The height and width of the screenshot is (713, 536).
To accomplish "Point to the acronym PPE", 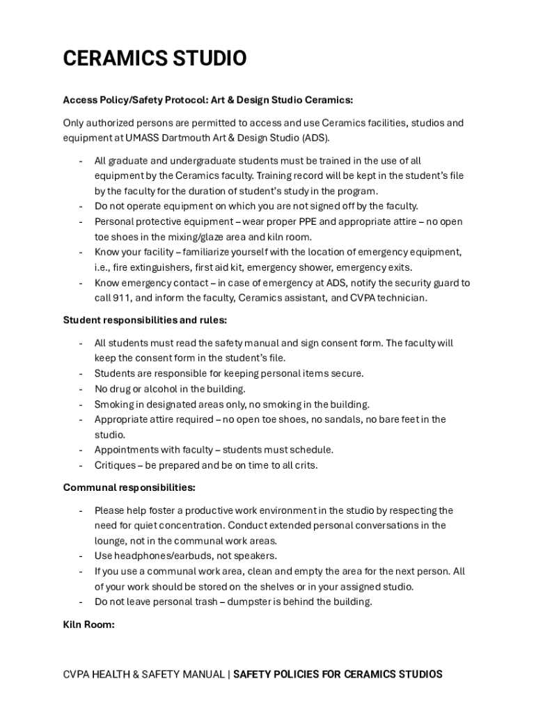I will (329, 222).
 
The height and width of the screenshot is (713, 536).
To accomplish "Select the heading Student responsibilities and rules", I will (145, 320).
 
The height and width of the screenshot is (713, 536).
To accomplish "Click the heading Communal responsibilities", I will (129, 487).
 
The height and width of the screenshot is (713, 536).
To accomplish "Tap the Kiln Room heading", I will (88, 625).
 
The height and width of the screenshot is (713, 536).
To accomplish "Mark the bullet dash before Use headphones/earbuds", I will (81, 556).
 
